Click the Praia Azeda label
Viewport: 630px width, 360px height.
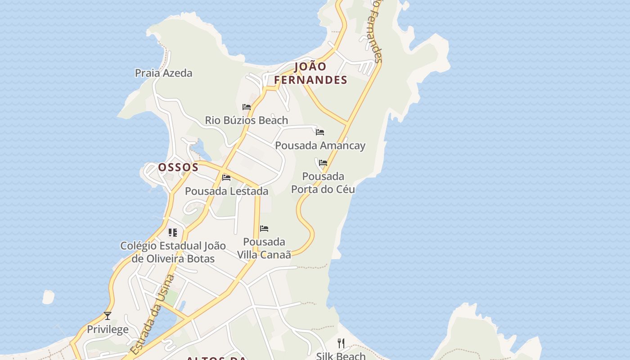click(163, 73)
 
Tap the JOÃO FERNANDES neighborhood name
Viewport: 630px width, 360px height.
click(310, 73)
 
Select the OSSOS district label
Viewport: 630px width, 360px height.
click(178, 167)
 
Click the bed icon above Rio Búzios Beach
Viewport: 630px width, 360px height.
click(247, 107)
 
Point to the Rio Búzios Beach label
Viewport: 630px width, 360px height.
click(246, 120)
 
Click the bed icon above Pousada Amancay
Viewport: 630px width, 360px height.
click(320, 132)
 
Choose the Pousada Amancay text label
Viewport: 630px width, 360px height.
click(320, 145)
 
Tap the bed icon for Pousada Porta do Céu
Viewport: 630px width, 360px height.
click(323, 163)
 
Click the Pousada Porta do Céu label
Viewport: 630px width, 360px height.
click(323, 182)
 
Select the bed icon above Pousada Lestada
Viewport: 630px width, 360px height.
click(226, 178)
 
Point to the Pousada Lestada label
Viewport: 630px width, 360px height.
click(226, 191)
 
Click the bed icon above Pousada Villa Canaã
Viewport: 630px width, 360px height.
click(264, 229)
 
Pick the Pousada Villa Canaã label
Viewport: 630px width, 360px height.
click(264, 248)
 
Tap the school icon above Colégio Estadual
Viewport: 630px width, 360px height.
click(173, 233)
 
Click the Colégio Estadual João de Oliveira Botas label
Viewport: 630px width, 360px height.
click(173, 252)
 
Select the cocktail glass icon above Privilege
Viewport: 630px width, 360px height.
click(108, 316)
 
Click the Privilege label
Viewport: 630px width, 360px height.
click(108, 329)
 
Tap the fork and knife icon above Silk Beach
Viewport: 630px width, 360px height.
click(341, 343)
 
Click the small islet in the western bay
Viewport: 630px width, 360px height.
click(48, 297)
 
